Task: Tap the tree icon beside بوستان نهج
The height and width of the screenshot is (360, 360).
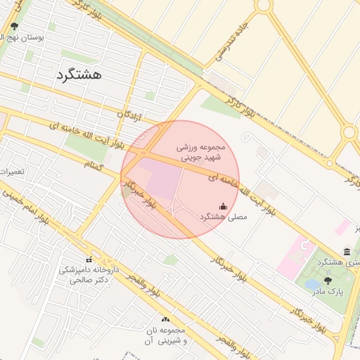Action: [x=15, y=27]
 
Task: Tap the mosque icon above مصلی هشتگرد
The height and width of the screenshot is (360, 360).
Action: [x=224, y=206]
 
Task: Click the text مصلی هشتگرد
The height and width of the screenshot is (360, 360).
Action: [x=224, y=218]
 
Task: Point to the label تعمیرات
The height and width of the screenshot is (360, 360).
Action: [x=12, y=172]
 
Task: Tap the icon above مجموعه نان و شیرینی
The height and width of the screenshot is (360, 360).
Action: [x=165, y=319]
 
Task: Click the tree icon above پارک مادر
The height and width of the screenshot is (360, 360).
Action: [x=328, y=280]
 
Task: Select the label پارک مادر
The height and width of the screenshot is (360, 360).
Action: [x=328, y=291]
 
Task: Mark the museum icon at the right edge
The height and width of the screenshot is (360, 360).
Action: [x=347, y=252]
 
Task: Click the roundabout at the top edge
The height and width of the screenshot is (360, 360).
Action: [x=263, y=5]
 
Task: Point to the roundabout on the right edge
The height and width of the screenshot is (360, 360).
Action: [x=349, y=132]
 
